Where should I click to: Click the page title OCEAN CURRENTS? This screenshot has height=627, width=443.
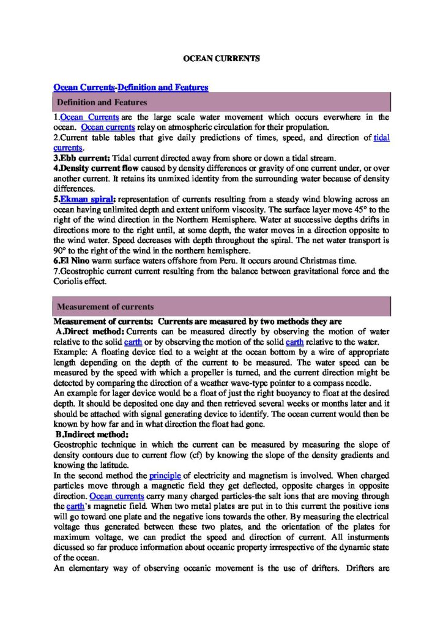click(x=222, y=59)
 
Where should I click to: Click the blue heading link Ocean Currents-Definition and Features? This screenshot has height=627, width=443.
click(x=131, y=88)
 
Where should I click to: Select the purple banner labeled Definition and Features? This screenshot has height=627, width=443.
click(x=222, y=102)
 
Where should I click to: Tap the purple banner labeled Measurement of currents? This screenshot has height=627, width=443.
click(x=222, y=306)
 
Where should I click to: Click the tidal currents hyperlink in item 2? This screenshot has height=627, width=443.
click(x=381, y=138)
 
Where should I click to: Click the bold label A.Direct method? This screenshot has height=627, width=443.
click(x=89, y=331)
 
